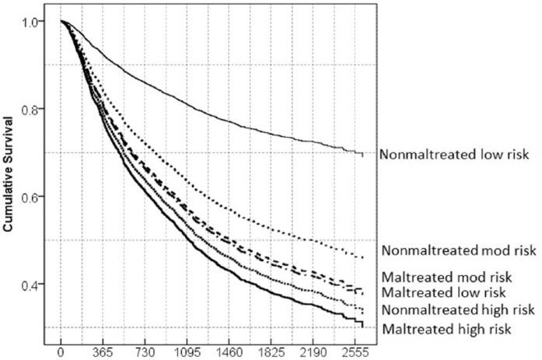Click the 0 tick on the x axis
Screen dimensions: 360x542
point(60,351)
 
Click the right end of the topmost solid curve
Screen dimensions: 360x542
point(362,155)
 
